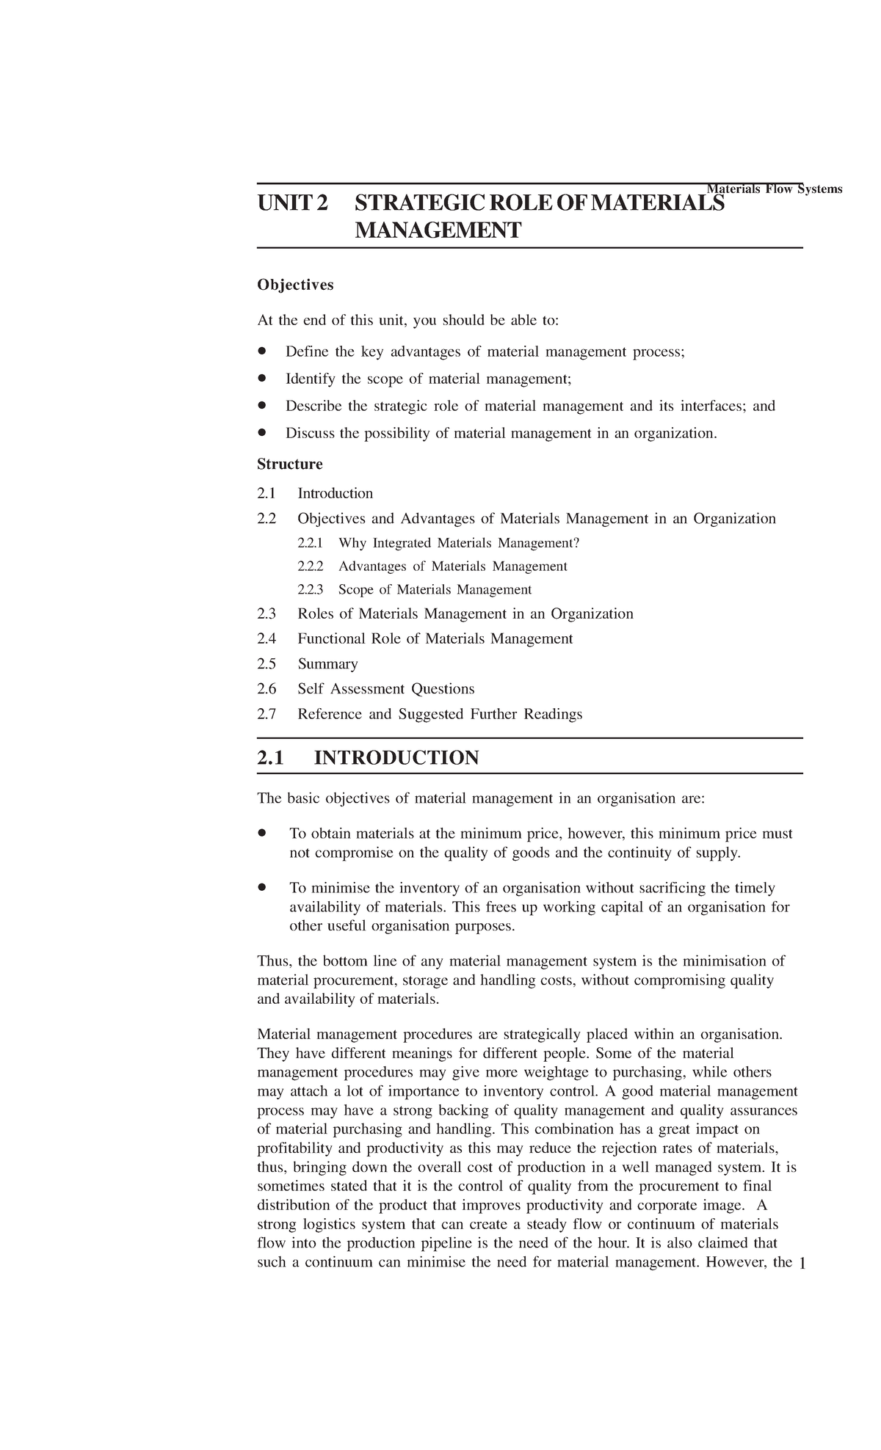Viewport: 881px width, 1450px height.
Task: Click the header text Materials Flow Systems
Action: click(x=774, y=189)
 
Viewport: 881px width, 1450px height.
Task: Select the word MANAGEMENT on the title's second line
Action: click(x=438, y=231)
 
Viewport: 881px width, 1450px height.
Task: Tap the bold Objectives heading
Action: click(x=295, y=285)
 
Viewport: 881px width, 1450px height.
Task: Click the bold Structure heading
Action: click(x=290, y=464)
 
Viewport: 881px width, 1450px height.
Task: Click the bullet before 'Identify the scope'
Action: click(x=261, y=379)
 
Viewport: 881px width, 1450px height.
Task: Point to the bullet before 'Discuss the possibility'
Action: click(x=261, y=433)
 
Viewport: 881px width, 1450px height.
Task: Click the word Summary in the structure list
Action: click(x=327, y=664)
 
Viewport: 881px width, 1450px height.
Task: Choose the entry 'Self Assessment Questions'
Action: click(x=385, y=689)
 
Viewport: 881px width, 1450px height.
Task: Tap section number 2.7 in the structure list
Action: click(x=267, y=714)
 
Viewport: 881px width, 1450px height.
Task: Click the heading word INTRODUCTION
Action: click(x=396, y=758)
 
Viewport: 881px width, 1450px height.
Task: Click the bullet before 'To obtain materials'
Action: click(x=261, y=834)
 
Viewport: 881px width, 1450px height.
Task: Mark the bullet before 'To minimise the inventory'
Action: click(x=261, y=888)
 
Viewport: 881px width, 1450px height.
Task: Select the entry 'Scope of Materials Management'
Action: click(x=435, y=590)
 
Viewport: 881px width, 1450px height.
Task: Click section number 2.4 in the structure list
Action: click(x=267, y=639)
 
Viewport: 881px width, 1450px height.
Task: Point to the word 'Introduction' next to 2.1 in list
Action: click(x=335, y=494)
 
